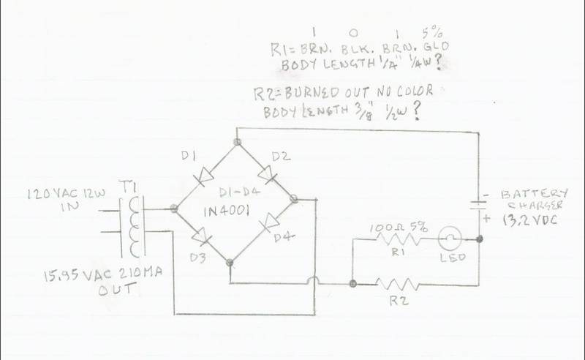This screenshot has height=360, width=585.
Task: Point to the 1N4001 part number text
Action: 233,211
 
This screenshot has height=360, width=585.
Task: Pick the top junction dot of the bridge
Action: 236,140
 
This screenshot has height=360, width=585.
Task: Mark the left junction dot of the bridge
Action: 173,209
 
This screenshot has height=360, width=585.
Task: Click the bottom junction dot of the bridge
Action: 229,261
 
